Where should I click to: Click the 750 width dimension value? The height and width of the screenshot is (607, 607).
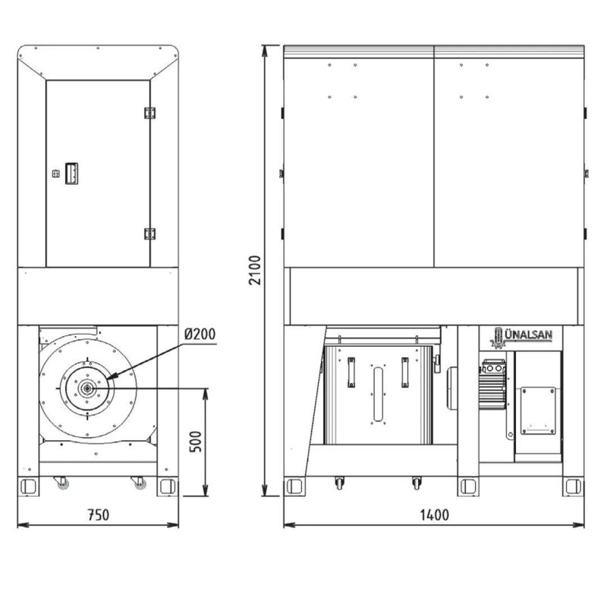tap(99, 515)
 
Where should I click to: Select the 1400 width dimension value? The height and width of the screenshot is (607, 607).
tap(434, 515)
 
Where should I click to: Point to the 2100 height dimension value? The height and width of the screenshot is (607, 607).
tap(255, 270)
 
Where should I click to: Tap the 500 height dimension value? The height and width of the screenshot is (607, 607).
tap(196, 442)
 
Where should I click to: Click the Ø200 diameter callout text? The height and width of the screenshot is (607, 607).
tap(200, 334)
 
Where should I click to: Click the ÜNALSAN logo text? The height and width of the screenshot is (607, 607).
tap(528, 335)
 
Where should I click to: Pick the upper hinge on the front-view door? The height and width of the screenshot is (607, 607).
tap(149, 113)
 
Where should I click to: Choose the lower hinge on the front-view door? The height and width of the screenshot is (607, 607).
tap(149, 234)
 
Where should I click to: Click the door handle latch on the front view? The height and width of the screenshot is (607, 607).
tap(71, 174)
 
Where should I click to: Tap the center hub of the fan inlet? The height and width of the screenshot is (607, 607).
tap(87, 388)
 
